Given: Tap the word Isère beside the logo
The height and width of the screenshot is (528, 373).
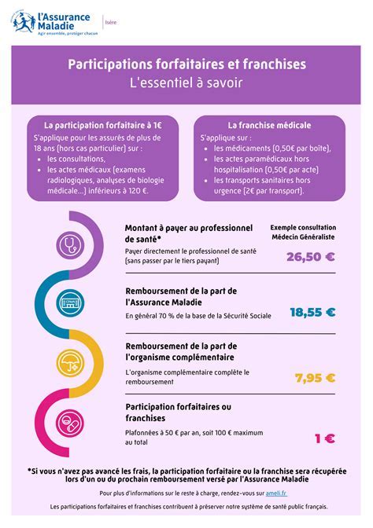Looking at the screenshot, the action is pyautogui.click(x=112, y=23).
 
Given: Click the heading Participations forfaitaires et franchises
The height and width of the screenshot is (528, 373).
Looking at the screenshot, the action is pyautogui.click(x=186, y=64).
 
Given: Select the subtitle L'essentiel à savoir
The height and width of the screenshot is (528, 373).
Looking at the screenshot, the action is pyautogui.click(x=186, y=81).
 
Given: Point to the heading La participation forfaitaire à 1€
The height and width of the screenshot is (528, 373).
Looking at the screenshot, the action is pyautogui.click(x=103, y=125).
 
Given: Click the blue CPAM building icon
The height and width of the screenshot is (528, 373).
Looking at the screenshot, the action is pyautogui.click(x=72, y=304).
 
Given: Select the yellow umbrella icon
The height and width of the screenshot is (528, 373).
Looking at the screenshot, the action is pyautogui.click(x=72, y=363).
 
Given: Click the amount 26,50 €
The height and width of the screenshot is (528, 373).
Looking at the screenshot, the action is pyautogui.click(x=311, y=256).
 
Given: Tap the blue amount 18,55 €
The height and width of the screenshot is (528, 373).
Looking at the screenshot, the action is pyautogui.click(x=312, y=312).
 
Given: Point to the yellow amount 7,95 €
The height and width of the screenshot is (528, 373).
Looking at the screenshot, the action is pyautogui.click(x=315, y=377).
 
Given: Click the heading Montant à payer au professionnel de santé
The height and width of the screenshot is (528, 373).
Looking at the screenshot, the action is pyautogui.click(x=181, y=233).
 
